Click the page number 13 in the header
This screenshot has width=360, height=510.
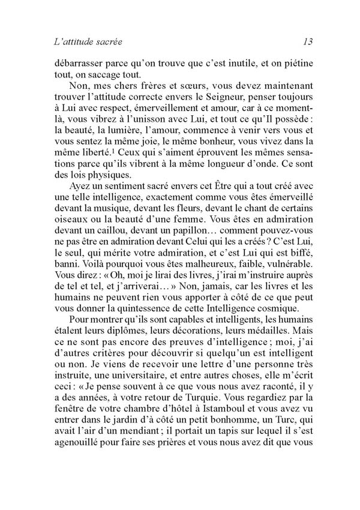click(x=308, y=42)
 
